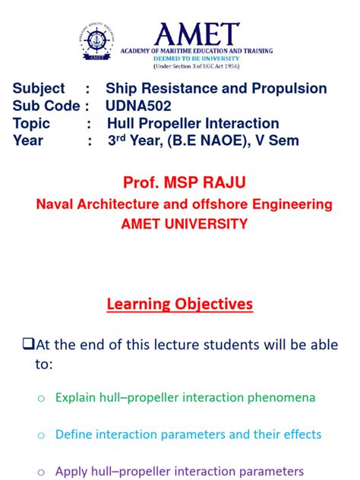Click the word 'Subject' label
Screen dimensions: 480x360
39,89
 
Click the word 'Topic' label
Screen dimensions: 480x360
31,123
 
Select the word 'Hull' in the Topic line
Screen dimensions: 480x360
122,123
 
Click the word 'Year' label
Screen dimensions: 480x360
28,141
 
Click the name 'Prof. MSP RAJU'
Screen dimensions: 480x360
180,182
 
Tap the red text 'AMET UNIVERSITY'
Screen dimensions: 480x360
180,224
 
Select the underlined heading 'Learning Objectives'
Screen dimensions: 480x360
180,304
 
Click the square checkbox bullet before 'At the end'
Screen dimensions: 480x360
29,344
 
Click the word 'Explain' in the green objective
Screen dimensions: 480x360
76,397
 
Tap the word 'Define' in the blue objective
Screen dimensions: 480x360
74,434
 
